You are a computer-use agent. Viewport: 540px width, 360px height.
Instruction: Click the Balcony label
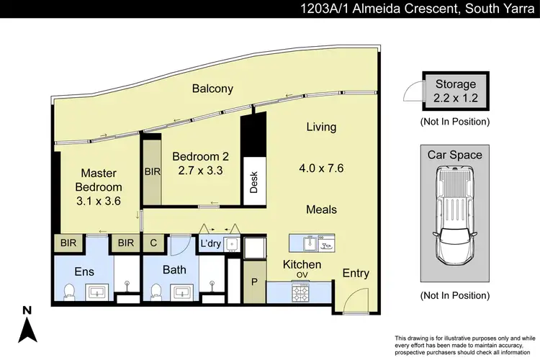212,89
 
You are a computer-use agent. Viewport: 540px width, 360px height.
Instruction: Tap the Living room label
321,127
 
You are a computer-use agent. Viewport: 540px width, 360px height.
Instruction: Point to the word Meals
321,210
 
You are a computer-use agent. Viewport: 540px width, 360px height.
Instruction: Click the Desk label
253,184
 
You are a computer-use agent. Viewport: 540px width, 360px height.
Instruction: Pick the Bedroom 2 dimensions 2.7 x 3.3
200,171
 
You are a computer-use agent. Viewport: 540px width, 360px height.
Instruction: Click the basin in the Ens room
97,292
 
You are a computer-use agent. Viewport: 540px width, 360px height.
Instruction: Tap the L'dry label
211,243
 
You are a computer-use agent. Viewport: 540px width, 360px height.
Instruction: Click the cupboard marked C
153,243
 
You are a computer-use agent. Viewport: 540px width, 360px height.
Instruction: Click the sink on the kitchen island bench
306,242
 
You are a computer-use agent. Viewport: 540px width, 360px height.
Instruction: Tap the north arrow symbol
27,328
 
